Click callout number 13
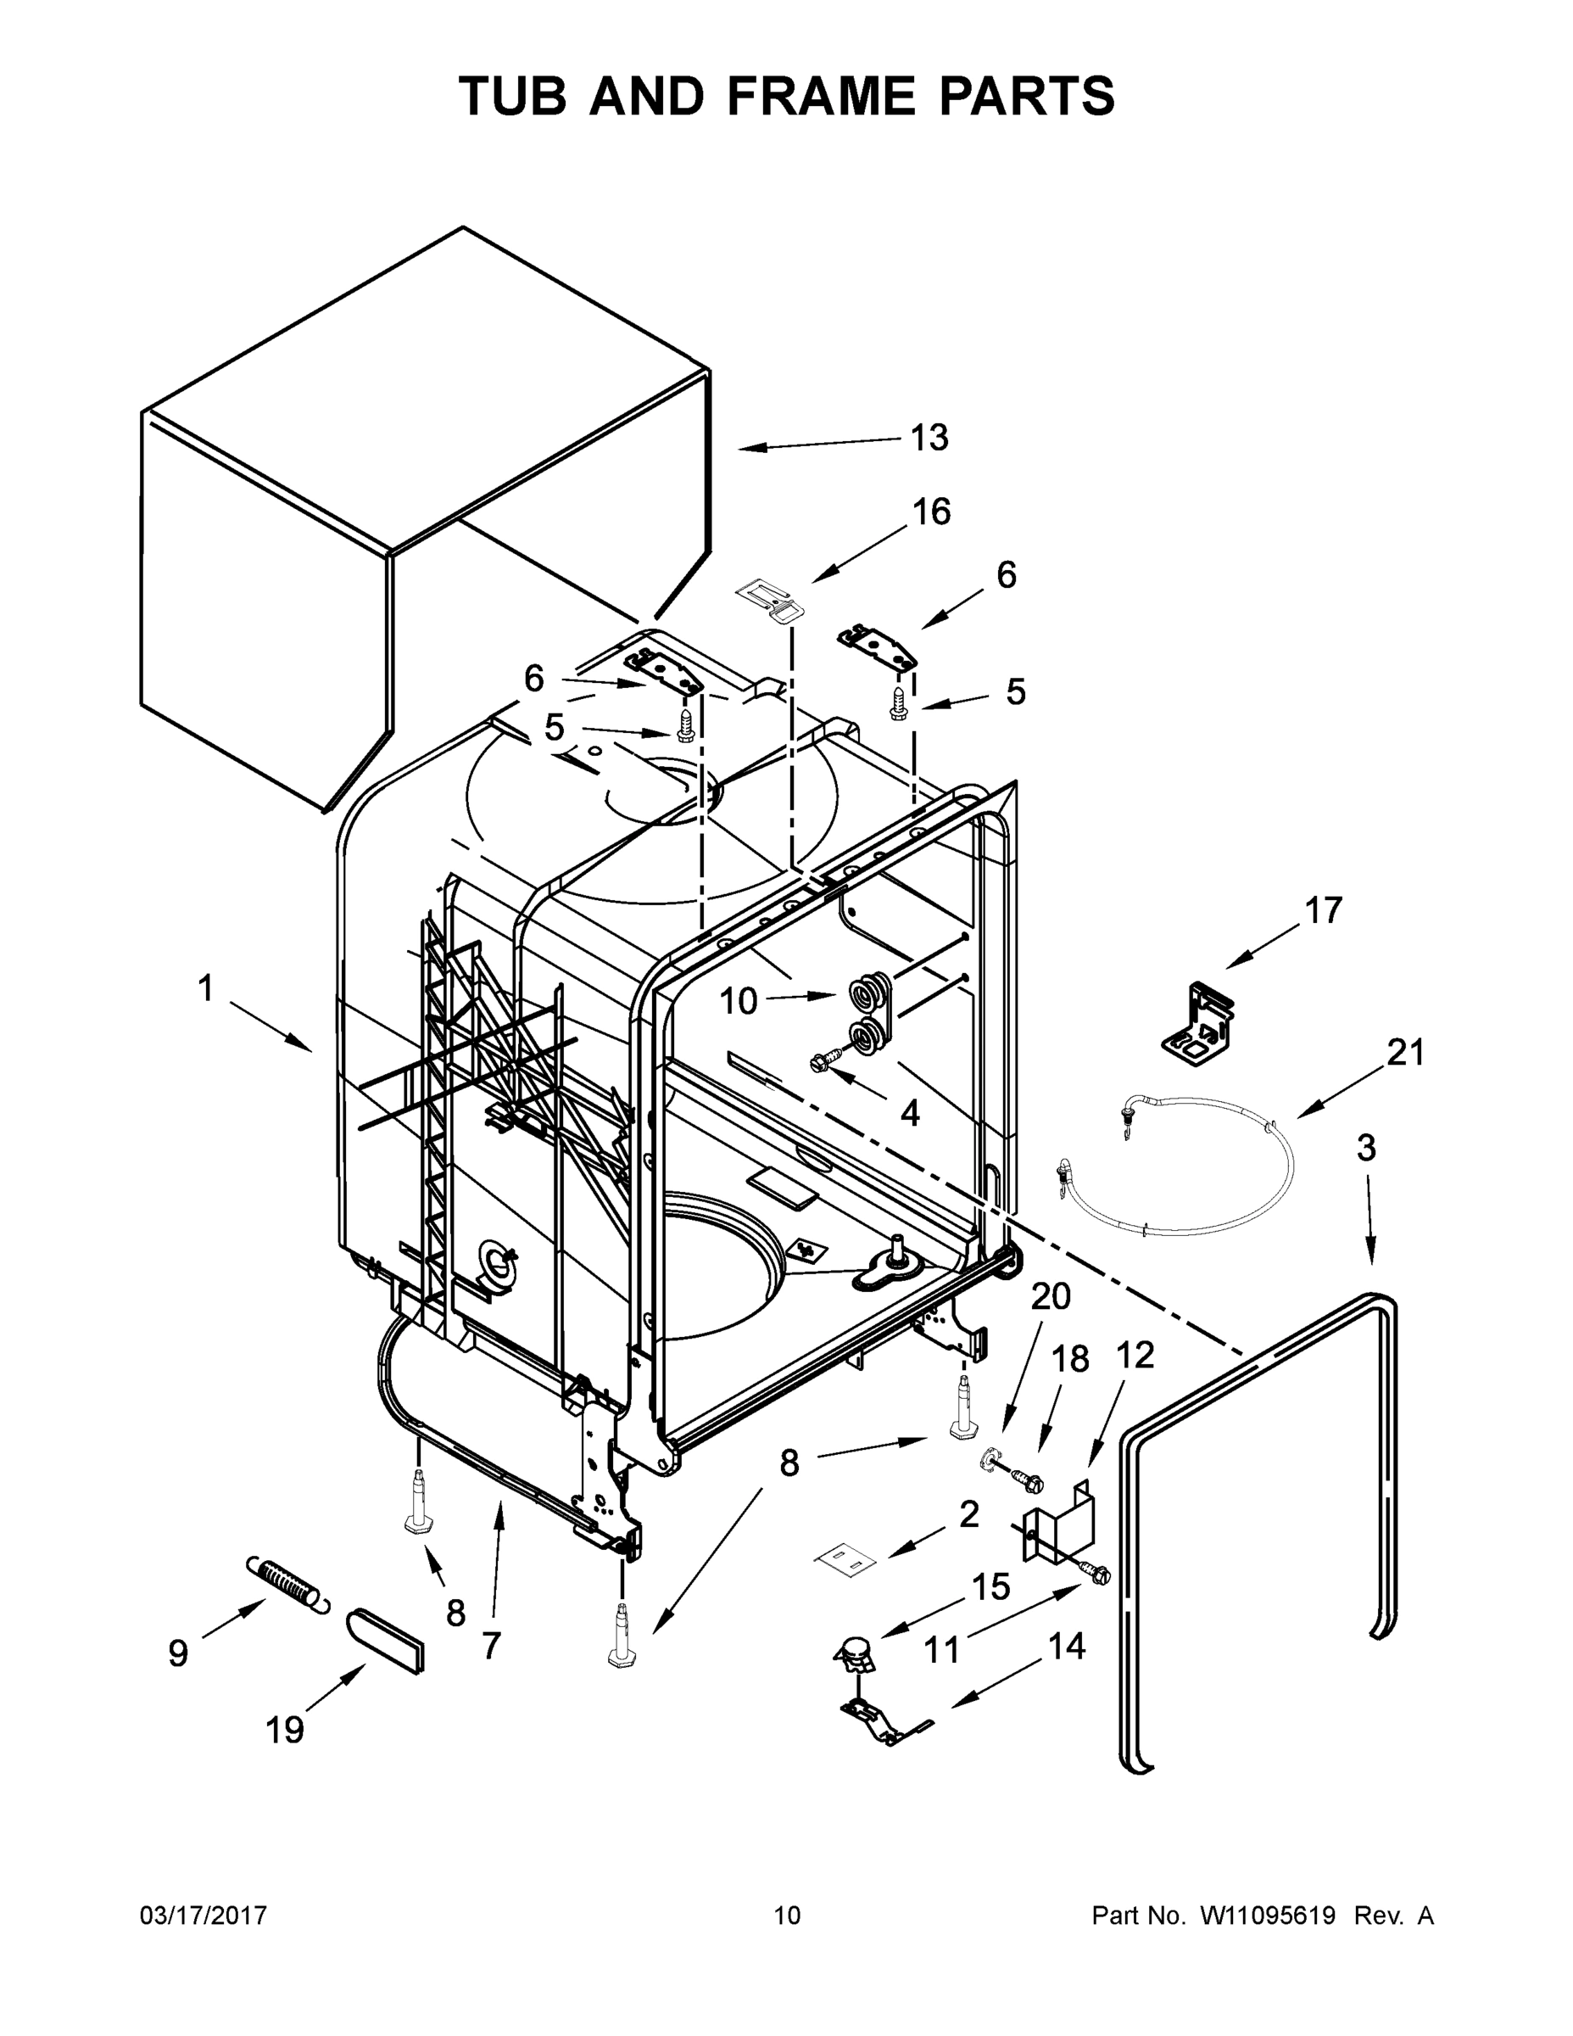pos(929,437)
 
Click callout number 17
pos(1322,911)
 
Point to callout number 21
pos(1405,1054)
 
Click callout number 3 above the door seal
pos(1365,1149)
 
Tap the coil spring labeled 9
pos(288,1586)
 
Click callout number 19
pos(284,1731)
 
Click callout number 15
pos(990,1586)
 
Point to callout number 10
pos(738,1002)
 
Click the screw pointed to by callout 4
pos(827,1059)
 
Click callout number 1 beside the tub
pos(206,989)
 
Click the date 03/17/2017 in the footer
pos(204,1916)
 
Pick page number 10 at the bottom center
pos(787,1916)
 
